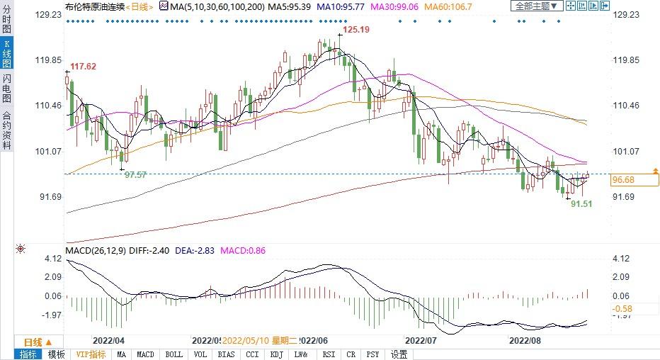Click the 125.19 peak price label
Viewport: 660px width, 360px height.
[356, 30]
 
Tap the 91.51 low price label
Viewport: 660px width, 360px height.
[581, 204]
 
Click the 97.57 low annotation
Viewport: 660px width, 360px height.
[135, 174]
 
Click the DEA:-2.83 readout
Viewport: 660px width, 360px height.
[198, 251]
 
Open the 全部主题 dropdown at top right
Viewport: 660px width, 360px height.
[537, 6]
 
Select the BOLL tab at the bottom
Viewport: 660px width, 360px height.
[173, 354]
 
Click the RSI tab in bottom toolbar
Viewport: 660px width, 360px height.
[329, 354]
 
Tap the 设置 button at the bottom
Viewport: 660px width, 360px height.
[399, 354]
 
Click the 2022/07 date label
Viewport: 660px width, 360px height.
[421, 340]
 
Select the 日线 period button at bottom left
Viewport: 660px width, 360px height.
[34, 341]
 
